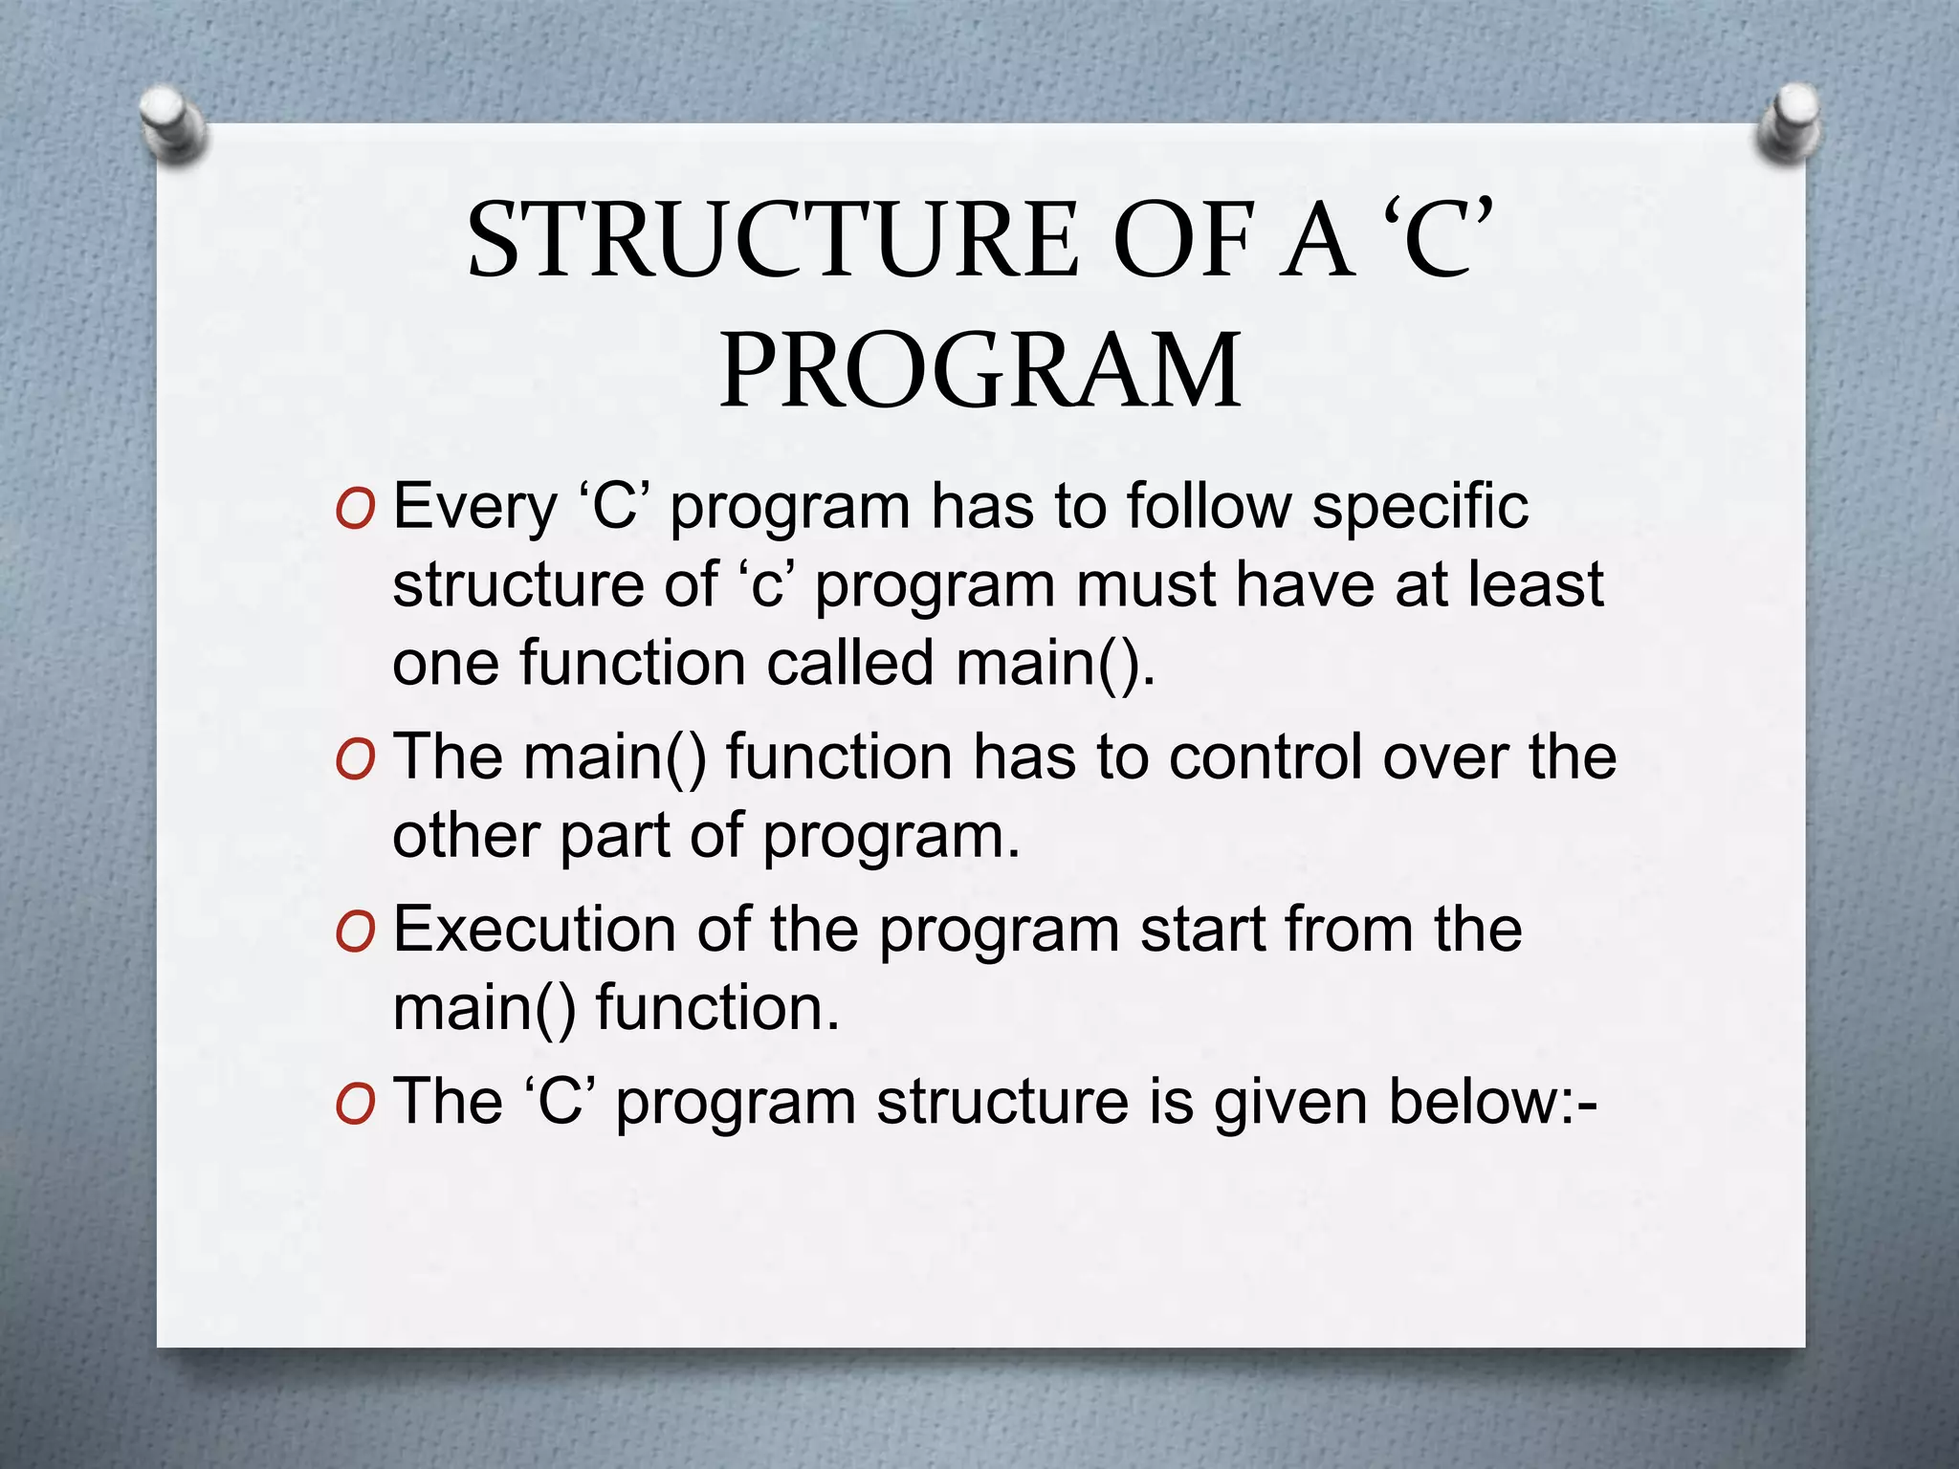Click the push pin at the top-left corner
click(172, 123)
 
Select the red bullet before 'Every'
click(355, 511)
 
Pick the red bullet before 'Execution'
click(355, 932)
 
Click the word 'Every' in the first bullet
click(474, 507)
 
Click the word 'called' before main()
click(849, 663)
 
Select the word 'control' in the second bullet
click(1266, 756)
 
